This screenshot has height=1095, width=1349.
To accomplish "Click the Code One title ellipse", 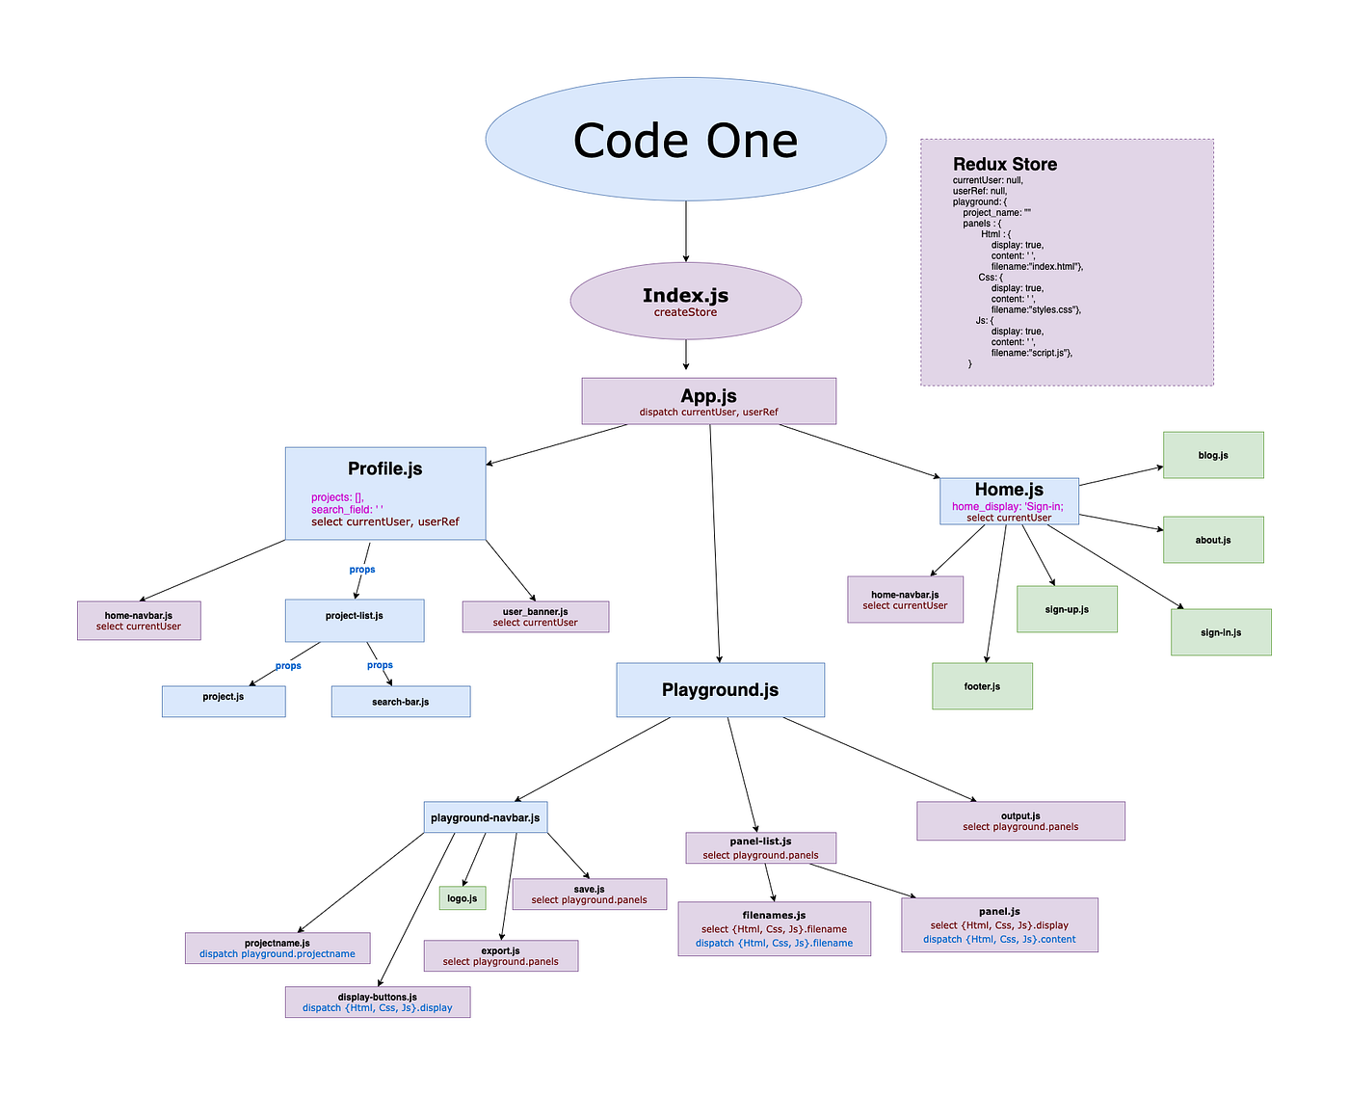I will tap(685, 140).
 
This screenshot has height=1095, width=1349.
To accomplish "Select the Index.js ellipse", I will tap(685, 301).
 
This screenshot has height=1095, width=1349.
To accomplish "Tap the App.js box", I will tap(708, 401).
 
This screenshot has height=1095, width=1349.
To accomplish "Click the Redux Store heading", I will tap(1005, 164).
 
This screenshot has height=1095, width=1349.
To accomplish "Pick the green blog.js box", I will tap(1213, 455).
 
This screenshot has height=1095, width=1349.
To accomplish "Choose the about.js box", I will tap(1213, 540).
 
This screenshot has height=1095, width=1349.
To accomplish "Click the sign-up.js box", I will tap(1067, 609).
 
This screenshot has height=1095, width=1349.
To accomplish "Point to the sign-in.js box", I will tap(1221, 632).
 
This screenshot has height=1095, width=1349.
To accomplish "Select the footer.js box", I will tap(982, 686).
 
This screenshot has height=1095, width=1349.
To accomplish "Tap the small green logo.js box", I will tap(463, 898).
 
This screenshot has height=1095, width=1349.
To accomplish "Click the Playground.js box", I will tap(720, 690).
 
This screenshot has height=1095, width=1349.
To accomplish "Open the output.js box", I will tap(1020, 821).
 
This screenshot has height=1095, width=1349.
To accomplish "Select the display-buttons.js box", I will tap(378, 1002).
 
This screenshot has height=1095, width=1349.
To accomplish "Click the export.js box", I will tap(501, 956).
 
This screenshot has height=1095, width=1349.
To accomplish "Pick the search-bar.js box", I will tap(401, 702).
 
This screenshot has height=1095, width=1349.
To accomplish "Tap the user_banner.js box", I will tap(535, 617).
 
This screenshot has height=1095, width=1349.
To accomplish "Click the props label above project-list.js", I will tap(362, 570).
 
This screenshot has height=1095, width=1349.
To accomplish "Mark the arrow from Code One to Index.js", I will tap(685, 231).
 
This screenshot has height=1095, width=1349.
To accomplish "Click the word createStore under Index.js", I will tap(685, 312).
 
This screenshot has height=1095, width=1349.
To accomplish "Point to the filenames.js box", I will tap(774, 929).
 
